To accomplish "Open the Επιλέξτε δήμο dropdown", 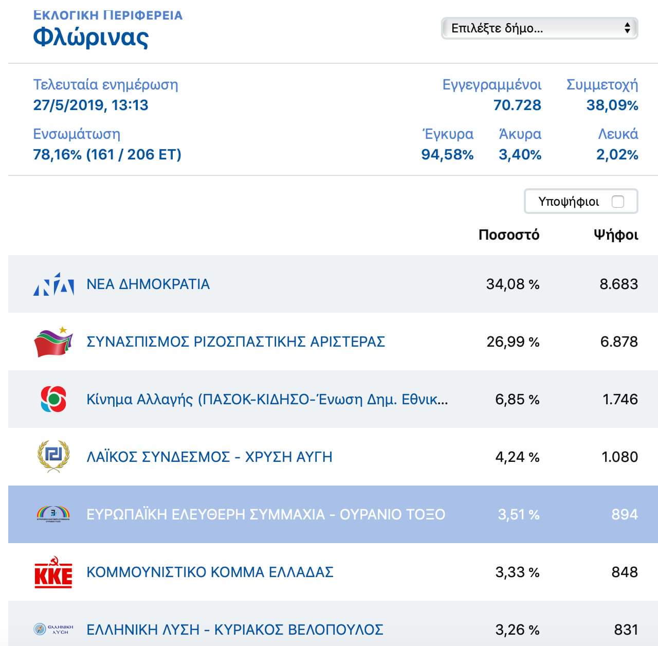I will pos(539,28).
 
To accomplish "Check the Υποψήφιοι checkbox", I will pos(618,202).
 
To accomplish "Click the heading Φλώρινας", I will pos(91,38).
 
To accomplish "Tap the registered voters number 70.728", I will pos(517,105).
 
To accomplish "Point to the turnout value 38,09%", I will pos(612,105).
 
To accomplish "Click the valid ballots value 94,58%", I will pos(447,154).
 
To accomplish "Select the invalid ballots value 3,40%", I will pos(520,154).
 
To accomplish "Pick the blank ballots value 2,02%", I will pos(617,154).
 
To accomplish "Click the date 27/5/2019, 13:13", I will pos(90,105).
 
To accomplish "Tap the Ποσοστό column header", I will pos(509,235).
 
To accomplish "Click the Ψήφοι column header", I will pos(616,235).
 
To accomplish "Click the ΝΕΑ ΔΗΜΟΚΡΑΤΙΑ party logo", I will pos(53,284).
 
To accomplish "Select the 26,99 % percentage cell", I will pos(513,342).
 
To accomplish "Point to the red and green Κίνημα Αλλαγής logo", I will pos(53,399).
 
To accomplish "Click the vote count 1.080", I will pos(619,457).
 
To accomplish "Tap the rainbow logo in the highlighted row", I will pos(53,514).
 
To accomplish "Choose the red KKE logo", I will pos(53,572).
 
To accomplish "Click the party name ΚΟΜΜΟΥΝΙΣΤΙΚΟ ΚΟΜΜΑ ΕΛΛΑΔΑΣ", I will pos(210,572).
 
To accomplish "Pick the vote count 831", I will pos(626,630).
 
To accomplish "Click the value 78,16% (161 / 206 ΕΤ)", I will pos(107,154).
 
